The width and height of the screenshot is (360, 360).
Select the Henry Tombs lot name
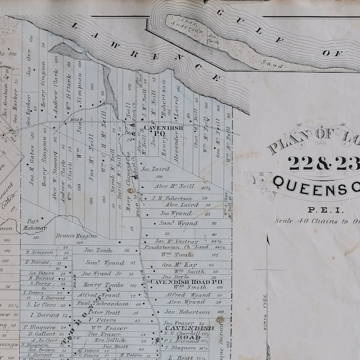pos(103,285)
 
